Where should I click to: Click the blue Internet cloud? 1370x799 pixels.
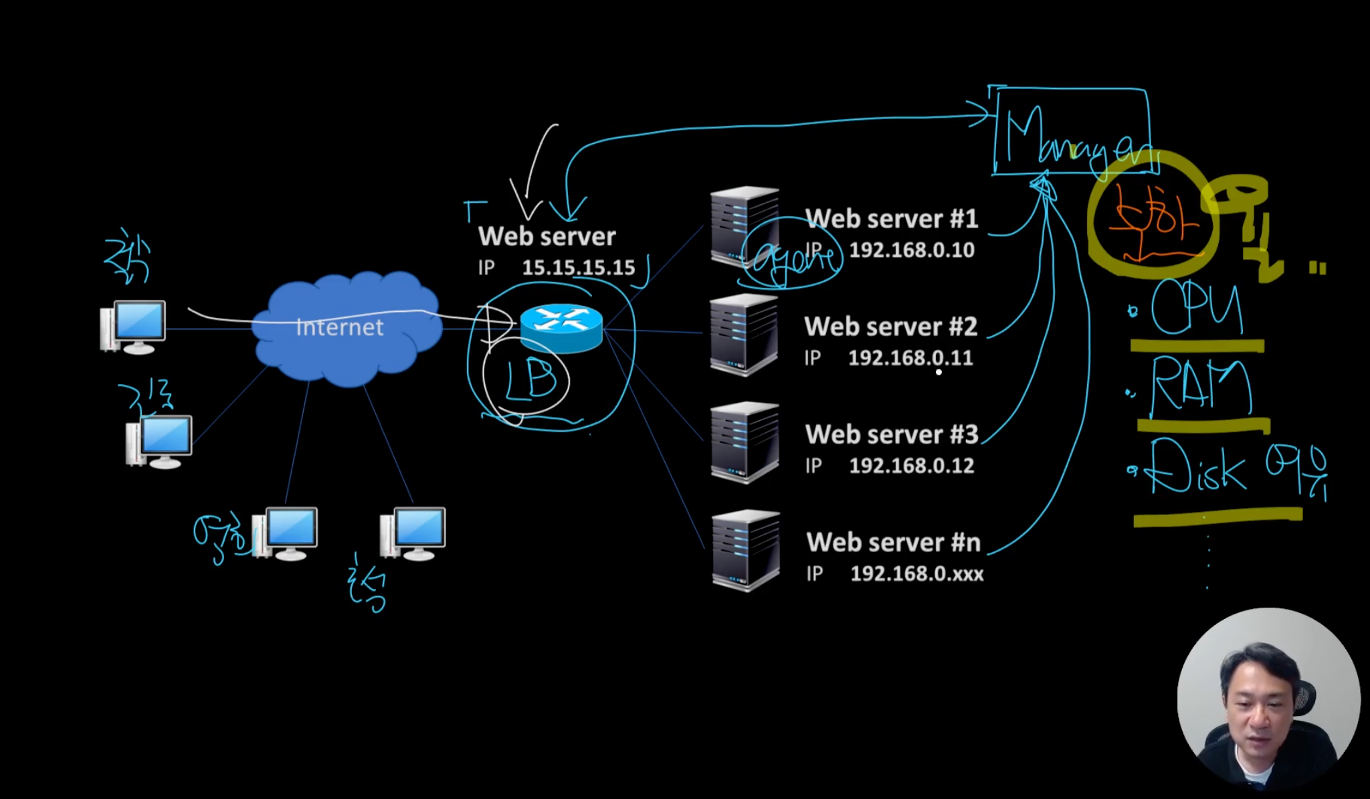(x=348, y=328)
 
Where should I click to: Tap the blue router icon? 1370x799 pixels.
(x=561, y=327)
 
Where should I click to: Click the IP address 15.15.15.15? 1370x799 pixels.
(x=578, y=268)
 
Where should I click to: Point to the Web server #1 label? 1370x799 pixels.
(x=891, y=219)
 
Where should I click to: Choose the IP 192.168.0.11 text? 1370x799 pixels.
(x=910, y=358)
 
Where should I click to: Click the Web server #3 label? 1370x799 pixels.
(x=892, y=435)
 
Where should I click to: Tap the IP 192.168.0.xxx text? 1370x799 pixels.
(x=916, y=573)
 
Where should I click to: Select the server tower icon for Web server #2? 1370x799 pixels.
(x=745, y=334)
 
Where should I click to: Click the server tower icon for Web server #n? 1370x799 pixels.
(x=746, y=550)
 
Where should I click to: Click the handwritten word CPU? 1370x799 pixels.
(x=1196, y=307)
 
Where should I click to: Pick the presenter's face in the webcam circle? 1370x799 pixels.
(x=1258, y=696)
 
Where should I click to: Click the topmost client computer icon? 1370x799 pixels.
(x=133, y=327)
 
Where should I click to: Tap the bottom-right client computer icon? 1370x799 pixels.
(x=413, y=533)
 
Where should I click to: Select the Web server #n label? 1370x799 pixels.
(x=893, y=543)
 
